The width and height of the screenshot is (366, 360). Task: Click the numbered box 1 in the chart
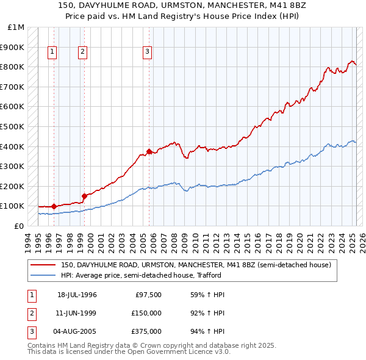(x=52, y=52)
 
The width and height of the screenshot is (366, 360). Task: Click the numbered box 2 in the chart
(x=82, y=52)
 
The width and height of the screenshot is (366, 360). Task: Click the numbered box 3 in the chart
(x=147, y=52)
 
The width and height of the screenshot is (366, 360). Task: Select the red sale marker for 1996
(x=54, y=206)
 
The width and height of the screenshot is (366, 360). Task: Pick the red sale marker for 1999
(x=84, y=196)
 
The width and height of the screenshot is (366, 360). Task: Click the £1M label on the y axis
(x=16, y=27)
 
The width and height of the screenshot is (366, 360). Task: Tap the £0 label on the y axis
(x=20, y=226)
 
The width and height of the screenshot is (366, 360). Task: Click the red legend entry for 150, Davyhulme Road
(x=195, y=265)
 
